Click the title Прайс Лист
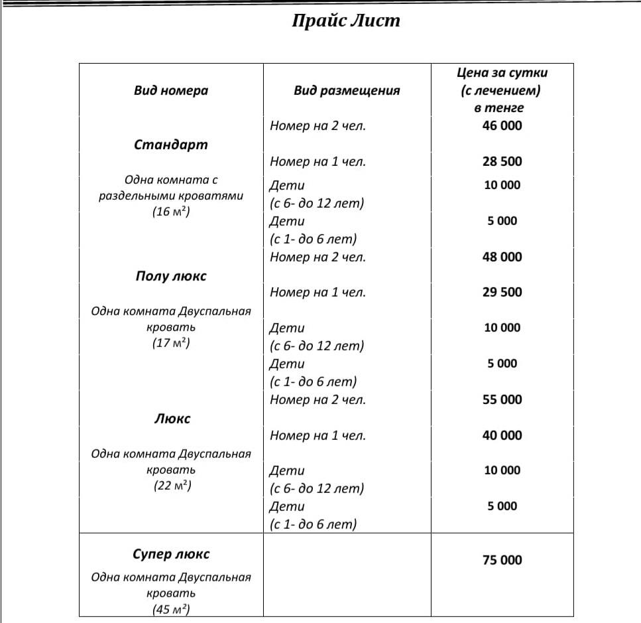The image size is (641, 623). click(x=346, y=21)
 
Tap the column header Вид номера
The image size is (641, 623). click(x=171, y=91)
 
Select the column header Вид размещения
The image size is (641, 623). click(x=347, y=91)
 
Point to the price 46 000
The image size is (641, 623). click(x=502, y=125)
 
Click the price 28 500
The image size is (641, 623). click(x=502, y=161)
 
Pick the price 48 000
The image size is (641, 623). click(x=502, y=257)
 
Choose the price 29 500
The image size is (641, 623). click(x=502, y=292)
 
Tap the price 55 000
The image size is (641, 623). click(x=502, y=399)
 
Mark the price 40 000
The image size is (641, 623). click(x=502, y=435)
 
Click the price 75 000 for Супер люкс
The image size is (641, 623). click(x=502, y=560)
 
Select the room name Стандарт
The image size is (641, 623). click(x=171, y=145)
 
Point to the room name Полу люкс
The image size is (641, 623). click(x=171, y=276)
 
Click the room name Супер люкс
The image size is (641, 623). click(x=171, y=554)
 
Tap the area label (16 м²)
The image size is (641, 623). click(x=172, y=212)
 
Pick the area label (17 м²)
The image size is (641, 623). click(x=172, y=344)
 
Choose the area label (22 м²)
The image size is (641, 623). click(x=172, y=486)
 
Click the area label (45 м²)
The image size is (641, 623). click(x=172, y=609)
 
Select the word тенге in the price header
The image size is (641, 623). click(x=502, y=107)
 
